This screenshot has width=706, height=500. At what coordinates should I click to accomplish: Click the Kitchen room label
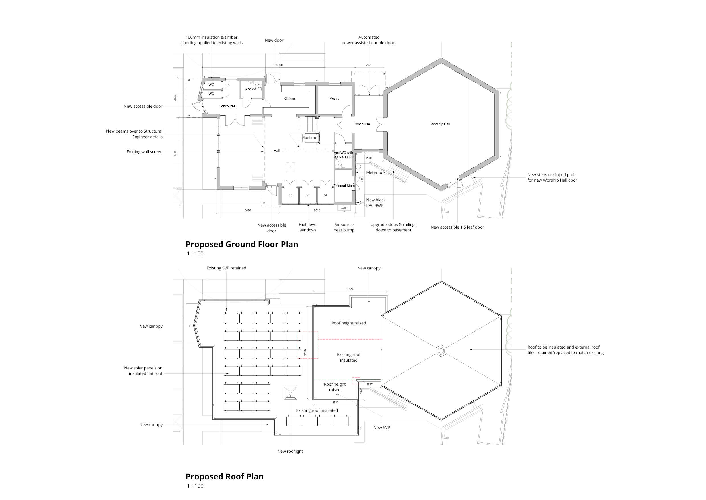pyautogui.click(x=289, y=99)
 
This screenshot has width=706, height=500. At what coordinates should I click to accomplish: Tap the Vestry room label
pyautogui.click(x=334, y=99)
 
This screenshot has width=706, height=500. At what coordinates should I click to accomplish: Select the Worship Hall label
pyautogui.click(x=440, y=124)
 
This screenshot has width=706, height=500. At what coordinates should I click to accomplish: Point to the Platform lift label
pyautogui.click(x=311, y=138)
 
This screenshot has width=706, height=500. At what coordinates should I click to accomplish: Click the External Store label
pyautogui.click(x=344, y=186)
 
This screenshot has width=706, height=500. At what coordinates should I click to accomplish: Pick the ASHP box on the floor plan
pyautogui.click(x=344, y=208)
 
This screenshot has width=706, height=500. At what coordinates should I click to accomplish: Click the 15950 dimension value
pyautogui.click(x=279, y=65)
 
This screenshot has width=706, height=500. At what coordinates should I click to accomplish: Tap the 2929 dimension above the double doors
pyautogui.click(x=369, y=65)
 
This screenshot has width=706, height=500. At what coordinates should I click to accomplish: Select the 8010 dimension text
pyautogui.click(x=317, y=210)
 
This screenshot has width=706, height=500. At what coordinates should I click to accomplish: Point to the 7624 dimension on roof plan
pyautogui.click(x=350, y=289)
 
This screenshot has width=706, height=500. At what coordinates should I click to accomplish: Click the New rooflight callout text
pyautogui.click(x=290, y=451)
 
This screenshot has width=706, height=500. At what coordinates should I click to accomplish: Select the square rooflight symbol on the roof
pyautogui.click(x=291, y=393)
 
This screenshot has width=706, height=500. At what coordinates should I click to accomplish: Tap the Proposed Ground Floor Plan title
pyautogui.click(x=242, y=245)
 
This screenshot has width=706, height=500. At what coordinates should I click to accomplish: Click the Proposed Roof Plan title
pyautogui.click(x=225, y=477)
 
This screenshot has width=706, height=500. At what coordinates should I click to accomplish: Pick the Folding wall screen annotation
pyautogui.click(x=145, y=152)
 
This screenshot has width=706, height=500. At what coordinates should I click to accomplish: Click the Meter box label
pyautogui.click(x=375, y=173)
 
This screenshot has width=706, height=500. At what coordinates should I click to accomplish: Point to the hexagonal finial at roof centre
pyautogui.click(x=441, y=351)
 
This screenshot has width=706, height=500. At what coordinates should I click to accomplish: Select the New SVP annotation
pyautogui.click(x=381, y=428)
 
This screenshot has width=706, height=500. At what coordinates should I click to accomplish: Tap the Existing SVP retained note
pyautogui.click(x=226, y=268)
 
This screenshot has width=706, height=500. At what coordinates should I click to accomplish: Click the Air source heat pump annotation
pyautogui.click(x=344, y=227)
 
